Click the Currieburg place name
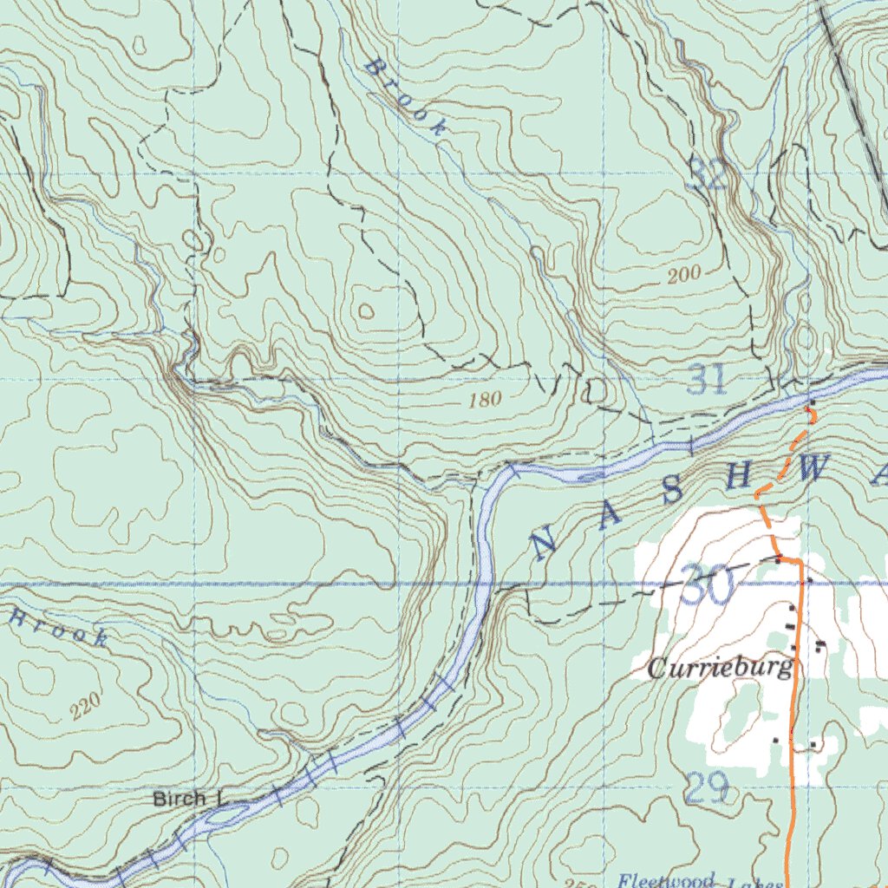point(720,668)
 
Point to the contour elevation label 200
point(684,276)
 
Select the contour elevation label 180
point(485,400)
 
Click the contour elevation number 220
point(86,706)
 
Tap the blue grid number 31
point(708,380)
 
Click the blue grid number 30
point(706,586)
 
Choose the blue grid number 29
point(706,788)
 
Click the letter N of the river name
point(544,545)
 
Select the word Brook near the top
point(406,97)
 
